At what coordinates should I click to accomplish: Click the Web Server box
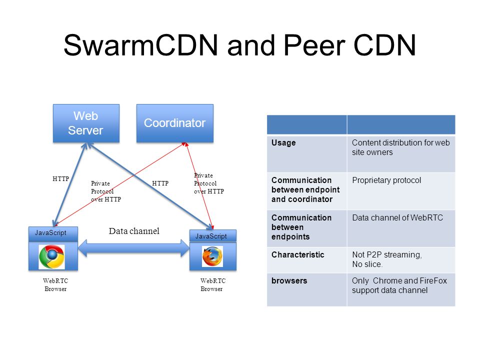[x=86, y=123]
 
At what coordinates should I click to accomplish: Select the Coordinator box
[x=175, y=123]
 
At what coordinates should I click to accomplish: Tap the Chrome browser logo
[x=51, y=257]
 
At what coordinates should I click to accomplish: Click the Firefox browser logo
[x=212, y=256]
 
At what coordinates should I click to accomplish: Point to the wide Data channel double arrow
[x=134, y=248]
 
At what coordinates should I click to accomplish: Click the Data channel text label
[x=134, y=231]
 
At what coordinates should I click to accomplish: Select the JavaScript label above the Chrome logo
[x=50, y=233]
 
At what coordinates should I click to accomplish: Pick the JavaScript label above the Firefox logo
[x=211, y=236]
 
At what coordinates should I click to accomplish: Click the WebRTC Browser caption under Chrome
[x=55, y=284]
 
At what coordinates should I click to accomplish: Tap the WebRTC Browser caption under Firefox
[x=213, y=284]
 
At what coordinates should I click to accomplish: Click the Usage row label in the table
[x=283, y=143]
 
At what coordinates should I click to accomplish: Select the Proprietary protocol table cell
[x=386, y=180]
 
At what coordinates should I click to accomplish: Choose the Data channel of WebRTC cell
[x=397, y=217]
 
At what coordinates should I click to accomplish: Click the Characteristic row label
[x=297, y=254]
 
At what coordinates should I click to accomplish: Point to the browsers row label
[x=289, y=280]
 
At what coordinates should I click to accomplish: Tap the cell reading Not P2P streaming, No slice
[x=387, y=259]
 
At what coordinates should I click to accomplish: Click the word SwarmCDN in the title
[x=140, y=45]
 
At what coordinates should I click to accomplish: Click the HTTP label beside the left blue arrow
[x=60, y=179]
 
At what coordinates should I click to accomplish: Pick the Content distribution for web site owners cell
[x=400, y=147]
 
